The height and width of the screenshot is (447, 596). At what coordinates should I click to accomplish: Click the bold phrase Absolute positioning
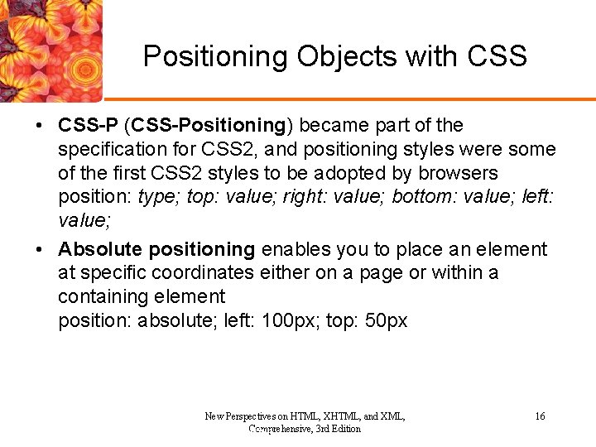(156, 249)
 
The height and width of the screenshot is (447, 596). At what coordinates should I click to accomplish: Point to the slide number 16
(540, 416)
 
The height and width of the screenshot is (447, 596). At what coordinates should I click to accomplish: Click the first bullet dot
(39, 126)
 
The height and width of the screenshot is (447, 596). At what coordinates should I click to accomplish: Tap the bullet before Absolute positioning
(39, 249)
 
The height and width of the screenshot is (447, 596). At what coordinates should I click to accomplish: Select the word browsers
(458, 173)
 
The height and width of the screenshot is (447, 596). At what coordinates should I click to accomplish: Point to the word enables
(293, 249)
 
